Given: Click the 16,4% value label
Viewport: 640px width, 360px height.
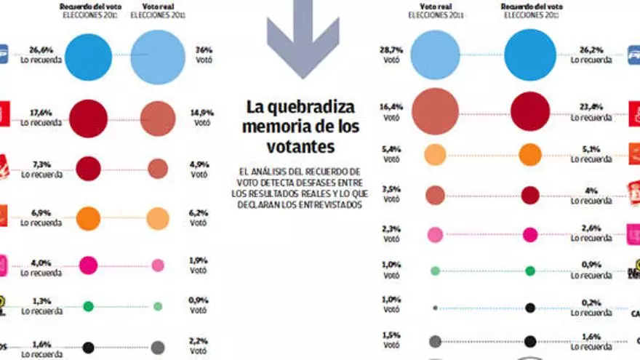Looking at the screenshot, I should click(391, 106).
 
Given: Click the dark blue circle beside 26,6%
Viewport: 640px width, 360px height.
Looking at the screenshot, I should click(89, 55).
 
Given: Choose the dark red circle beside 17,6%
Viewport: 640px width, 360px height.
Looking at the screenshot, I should click(88, 118).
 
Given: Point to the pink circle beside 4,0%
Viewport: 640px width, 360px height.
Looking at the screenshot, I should click(88, 265).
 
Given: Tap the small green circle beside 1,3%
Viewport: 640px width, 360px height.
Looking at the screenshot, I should click(88, 306).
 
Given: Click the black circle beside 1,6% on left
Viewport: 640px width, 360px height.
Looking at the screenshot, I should click(88, 348).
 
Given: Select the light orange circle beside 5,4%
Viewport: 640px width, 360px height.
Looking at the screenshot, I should click(435, 154).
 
